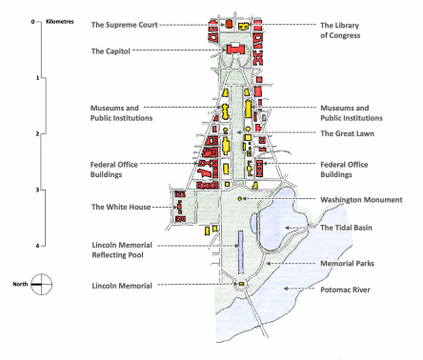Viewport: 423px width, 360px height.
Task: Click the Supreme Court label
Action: click(x=125, y=25)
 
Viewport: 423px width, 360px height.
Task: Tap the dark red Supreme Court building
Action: click(x=229, y=24)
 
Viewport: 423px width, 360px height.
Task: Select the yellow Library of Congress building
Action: click(x=244, y=26)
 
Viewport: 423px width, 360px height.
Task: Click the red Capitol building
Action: click(x=235, y=50)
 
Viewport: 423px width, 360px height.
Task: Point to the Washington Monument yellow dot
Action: click(x=240, y=199)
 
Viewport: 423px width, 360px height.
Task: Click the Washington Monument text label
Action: click(x=361, y=200)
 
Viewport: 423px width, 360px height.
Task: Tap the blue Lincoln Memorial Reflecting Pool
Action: click(x=241, y=252)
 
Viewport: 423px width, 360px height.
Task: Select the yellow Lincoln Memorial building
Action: click(x=241, y=284)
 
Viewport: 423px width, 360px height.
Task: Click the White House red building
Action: click(x=180, y=207)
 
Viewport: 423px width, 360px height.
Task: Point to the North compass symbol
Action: click(x=41, y=284)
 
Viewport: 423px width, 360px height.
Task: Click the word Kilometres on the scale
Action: click(x=60, y=22)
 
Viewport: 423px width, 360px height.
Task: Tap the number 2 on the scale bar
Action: click(x=37, y=133)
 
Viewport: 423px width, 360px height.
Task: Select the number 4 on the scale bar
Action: click(x=37, y=246)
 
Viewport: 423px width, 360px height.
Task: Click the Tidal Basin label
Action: click(x=346, y=228)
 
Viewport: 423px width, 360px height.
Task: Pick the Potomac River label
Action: click(x=345, y=290)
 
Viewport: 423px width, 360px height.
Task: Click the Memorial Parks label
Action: click(x=347, y=263)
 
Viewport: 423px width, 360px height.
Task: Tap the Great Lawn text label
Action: click(x=347, y=133)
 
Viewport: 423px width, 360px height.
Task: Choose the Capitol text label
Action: click(x=111, y=51)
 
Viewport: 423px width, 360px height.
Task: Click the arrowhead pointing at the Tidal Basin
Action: click(x=287, y=228)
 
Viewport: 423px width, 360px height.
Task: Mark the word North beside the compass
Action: click(x=20, y=284)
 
